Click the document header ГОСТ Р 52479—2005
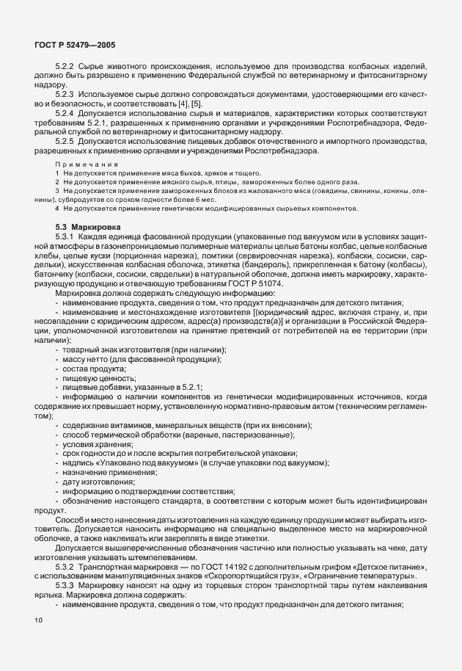click(x=73, y=46)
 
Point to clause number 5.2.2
click(x=66, y=66)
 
